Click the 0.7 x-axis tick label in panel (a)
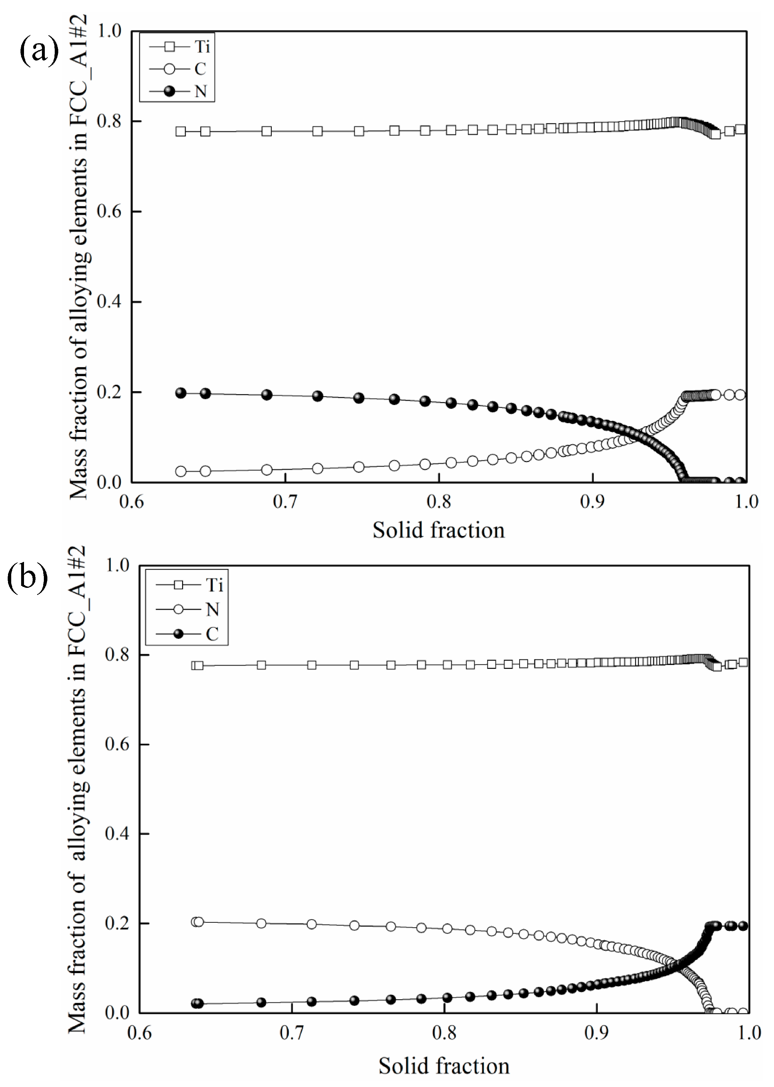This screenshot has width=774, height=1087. [x=285, y=501]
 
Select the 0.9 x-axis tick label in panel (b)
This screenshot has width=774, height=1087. [x=596, y=1033]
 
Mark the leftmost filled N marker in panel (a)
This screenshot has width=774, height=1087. [x=181, y=393]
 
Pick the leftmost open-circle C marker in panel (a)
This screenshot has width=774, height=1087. [x=181, y=472]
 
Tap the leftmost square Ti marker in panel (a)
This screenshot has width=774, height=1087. [x=181, y=131]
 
